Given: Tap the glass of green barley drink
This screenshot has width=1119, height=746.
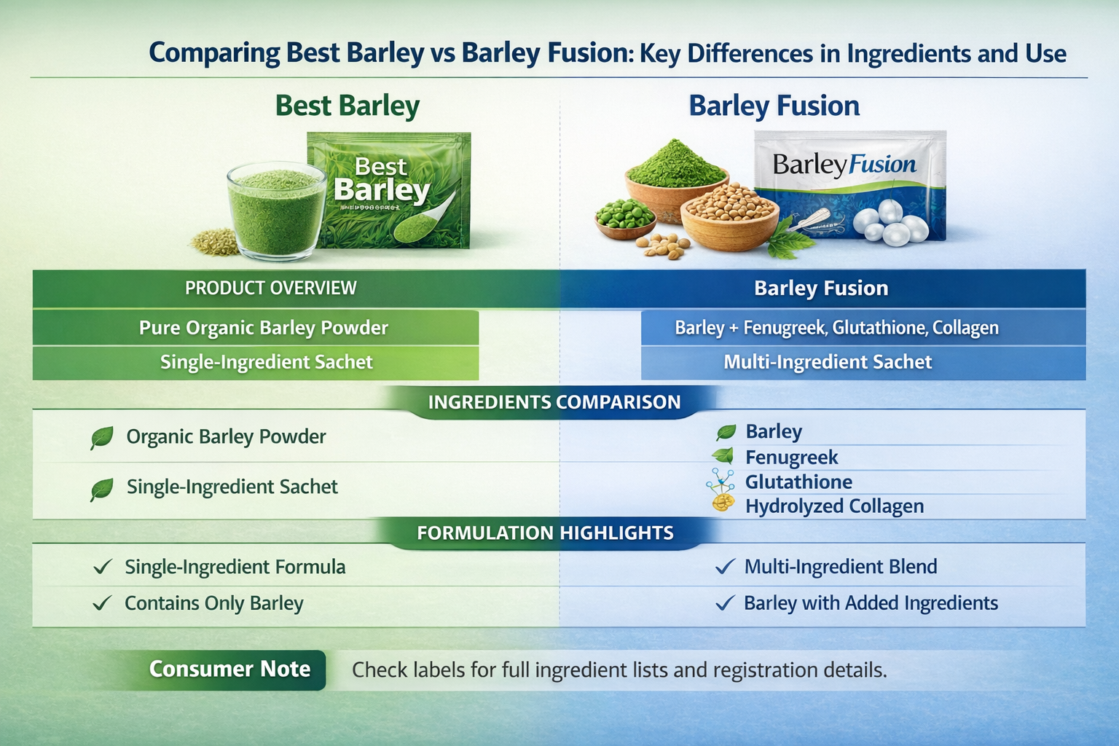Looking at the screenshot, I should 276,211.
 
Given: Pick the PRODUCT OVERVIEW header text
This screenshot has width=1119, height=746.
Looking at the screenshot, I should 270,288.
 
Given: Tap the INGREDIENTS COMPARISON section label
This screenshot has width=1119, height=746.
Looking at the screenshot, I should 554,402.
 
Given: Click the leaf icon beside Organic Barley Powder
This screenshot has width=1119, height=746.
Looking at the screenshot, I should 101,438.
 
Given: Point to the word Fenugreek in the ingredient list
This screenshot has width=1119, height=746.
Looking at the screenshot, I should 791,458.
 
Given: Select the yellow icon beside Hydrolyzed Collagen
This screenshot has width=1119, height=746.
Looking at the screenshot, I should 723,504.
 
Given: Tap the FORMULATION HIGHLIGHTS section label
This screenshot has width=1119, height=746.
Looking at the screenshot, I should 545,533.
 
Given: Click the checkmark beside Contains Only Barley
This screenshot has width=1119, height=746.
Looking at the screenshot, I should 103,603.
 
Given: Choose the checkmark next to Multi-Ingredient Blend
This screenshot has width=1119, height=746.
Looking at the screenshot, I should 724,567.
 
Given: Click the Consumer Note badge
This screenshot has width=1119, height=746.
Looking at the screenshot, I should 229,669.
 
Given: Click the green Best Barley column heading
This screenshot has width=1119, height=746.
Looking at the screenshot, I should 347,106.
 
